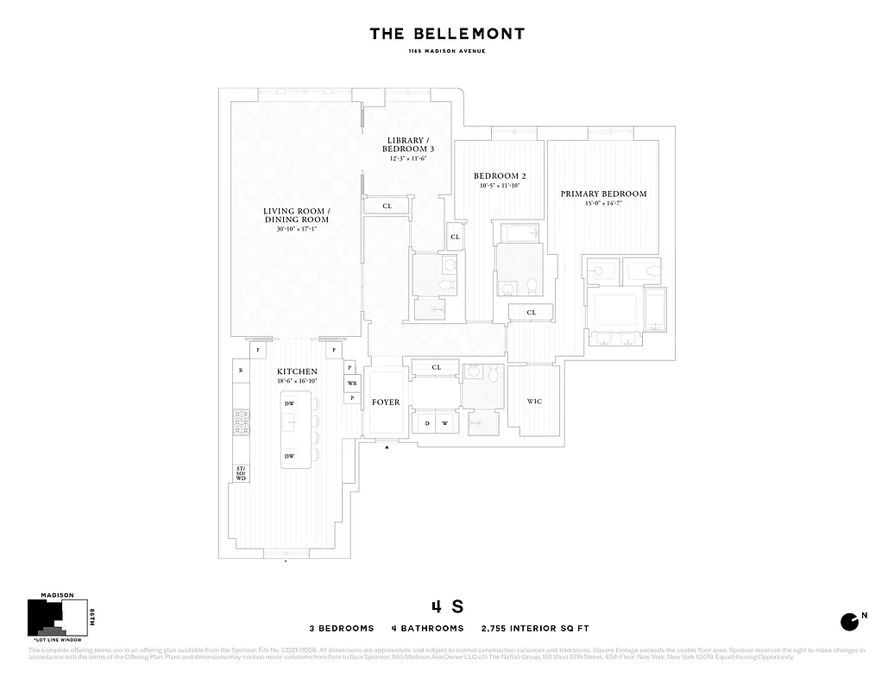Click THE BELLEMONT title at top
(447, 35)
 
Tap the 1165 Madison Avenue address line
(447, 52)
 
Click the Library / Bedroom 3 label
(406, 144)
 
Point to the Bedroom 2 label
(500, 176)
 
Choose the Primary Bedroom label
(603, 194)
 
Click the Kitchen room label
(298, 371)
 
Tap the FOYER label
(386, 403)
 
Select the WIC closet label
(534, 402)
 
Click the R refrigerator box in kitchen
(241, 371)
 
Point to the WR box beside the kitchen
(352, 383)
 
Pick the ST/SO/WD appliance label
(242, 473)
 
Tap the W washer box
(445, 423)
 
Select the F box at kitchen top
(258, 351)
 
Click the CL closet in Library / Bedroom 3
(387, 206)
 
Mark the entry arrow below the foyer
(387, 447)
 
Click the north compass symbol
(850, 621)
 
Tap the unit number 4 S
(447, 606)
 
